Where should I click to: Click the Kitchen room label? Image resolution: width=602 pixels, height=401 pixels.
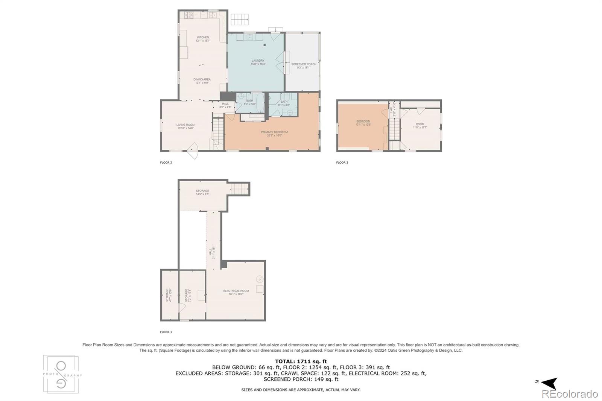tap(203, 39)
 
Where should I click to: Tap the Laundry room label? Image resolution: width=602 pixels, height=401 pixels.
tap(258, 62)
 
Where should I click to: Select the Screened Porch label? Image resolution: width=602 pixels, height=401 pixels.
tap(304, 66)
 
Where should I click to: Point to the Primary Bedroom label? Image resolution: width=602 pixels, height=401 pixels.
tap(274, 134)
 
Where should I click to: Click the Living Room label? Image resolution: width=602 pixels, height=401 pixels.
tap(185, 126)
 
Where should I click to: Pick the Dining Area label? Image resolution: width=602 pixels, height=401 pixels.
tap(202, 81)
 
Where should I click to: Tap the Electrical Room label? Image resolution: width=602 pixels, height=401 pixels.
tap(236, 292)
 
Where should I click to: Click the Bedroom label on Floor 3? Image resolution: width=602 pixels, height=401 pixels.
tap(363, 123)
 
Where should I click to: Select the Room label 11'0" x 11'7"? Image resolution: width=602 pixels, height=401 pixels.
tap(420, 126)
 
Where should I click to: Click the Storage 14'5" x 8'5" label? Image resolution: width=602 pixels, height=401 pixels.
tap(202, 192)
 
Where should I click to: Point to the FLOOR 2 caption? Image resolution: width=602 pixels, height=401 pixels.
tap(166, 163)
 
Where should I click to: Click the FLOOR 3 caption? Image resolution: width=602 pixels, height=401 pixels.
tap(342, 163)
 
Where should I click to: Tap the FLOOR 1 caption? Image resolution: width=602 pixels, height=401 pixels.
tap(166, 332)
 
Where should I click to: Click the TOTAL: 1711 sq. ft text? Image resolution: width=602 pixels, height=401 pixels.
tap(301, 362)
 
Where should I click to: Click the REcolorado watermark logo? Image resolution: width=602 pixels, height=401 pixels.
tap(569, 394)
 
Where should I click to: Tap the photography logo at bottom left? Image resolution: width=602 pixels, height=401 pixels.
tap(61, 374)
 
